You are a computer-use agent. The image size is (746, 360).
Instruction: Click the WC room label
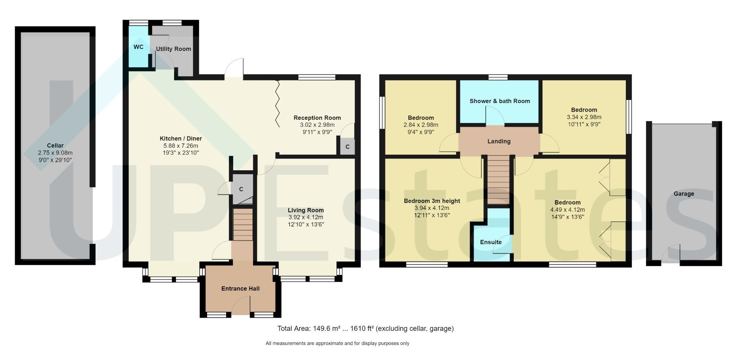[138, 47]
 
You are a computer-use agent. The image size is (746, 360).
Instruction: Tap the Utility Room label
[173, 49]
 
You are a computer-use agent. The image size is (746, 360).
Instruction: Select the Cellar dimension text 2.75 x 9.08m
[55, 153]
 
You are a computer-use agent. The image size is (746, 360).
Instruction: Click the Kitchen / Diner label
[181, 138]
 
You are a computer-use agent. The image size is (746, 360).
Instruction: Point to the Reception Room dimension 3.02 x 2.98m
[317, 125]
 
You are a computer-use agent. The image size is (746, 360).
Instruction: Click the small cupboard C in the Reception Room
[347, 147]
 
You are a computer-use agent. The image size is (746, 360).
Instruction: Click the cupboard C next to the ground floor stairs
[241, 189]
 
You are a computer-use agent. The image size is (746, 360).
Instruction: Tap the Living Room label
[305, 210]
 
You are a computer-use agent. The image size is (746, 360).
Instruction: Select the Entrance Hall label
[240, 288]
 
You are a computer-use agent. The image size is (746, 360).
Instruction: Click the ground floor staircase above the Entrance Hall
[243, 224]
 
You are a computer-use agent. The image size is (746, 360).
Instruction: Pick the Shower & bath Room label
[500, 101]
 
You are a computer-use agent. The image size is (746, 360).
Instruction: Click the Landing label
[499, 141]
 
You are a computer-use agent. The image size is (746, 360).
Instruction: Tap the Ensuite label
[491, 242]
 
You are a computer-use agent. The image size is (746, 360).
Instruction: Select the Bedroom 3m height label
[432, 201]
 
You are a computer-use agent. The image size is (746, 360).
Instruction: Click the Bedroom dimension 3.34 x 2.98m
[584, 117]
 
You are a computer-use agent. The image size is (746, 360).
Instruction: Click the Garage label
[683, 194]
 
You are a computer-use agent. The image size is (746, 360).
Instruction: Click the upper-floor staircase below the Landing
[498, 180]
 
